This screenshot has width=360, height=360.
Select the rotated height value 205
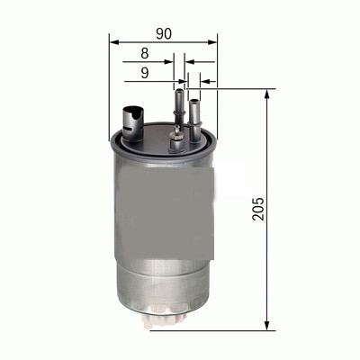coord(258,209)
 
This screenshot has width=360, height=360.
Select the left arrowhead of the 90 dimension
coord(112,40)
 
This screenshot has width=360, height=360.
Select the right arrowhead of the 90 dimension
coord(213,40)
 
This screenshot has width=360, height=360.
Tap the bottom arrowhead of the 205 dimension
coord(268,325)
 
